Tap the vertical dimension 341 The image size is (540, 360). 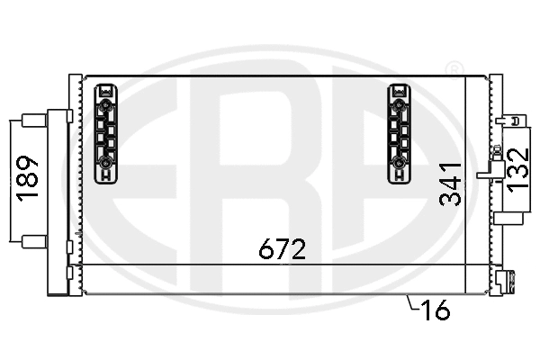click(453, 184)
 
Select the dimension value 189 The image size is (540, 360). click(29, 178)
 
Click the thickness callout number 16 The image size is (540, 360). click(434, 311)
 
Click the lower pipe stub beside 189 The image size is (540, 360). click(34, 240)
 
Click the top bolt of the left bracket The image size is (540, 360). click(106, 106)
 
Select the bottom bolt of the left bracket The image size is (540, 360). click(106, 163)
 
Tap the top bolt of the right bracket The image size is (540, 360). click(399, 106)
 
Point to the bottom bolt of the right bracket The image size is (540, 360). click(399, 163)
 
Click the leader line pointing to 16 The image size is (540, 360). click(412, 303)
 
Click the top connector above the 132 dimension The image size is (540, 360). click(513, 120)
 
